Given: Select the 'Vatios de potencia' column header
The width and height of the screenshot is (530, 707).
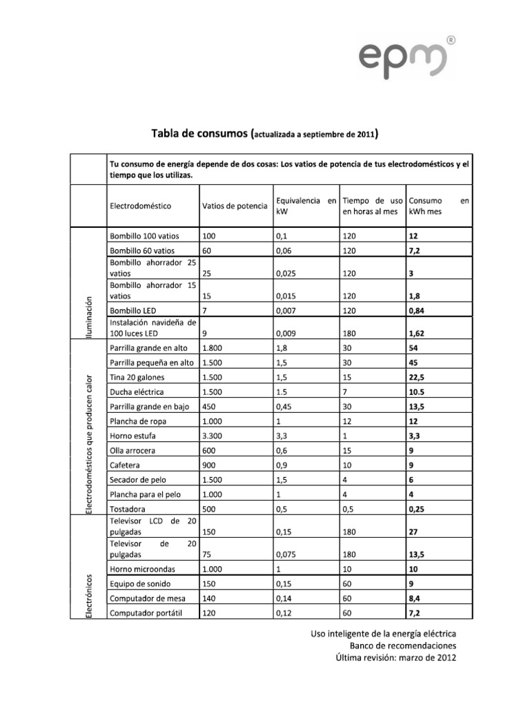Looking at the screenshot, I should [x=234, y=206].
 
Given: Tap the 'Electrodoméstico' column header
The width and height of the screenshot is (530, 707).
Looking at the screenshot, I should [x=140, y=206].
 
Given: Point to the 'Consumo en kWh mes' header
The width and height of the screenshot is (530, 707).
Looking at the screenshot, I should [x=439, y=205].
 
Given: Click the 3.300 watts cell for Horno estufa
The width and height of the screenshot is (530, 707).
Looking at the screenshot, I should [x=215, y=436].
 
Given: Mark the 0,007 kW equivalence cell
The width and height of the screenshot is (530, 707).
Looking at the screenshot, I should [x=287, y=311].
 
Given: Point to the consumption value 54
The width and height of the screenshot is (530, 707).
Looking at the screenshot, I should [x=415, y=348].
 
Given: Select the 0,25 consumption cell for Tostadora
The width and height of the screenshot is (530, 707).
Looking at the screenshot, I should [x=418, y=509].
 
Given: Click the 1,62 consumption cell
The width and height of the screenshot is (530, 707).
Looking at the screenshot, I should [x=418, y=333].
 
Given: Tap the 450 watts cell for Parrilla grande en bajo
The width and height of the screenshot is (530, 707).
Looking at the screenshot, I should [x=210, y=407].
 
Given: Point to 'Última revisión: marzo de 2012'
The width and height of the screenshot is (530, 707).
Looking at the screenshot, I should [x=395, y=658].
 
